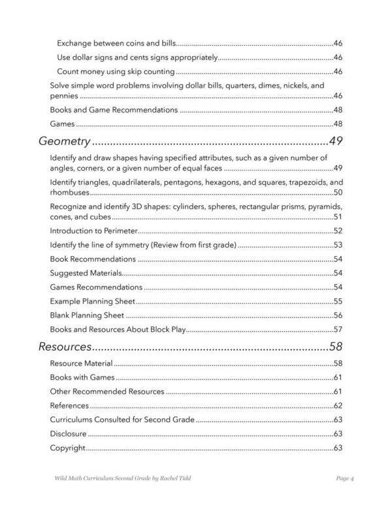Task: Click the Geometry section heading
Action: pos(64,140)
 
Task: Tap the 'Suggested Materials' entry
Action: pos(84,273)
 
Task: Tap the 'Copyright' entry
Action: pos(68,448)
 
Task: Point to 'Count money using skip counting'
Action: pos(115,71)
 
